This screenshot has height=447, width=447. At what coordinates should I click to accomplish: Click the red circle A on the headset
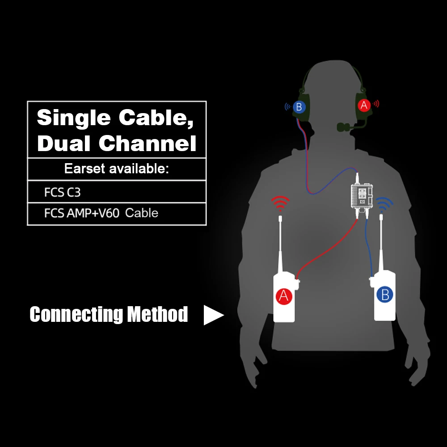[364, 105]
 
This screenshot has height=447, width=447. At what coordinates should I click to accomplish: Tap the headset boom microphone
[345, 127]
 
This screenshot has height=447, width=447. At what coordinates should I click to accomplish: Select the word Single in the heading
[73, 118]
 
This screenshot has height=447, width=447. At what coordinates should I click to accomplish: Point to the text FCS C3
[62, 192]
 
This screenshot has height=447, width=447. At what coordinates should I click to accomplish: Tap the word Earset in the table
[84, 169]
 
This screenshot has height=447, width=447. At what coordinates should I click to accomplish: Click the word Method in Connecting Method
[158, 314]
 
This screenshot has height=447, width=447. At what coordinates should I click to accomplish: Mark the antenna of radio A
[280, 241]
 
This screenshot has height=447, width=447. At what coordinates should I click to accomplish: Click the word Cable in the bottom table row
[142, 213]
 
